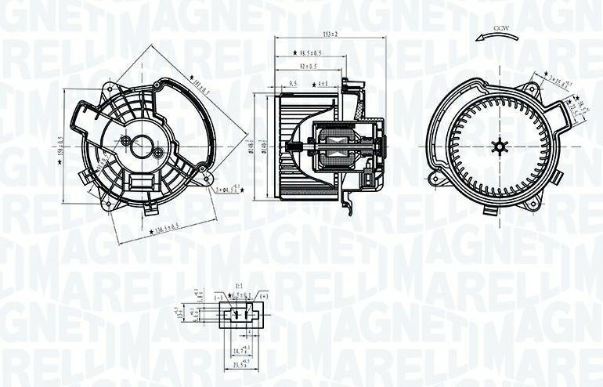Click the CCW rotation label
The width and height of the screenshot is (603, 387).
pyautogui.click(x=500, y=28)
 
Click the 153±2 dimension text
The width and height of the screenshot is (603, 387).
pyautogui.click(x=329, y=34)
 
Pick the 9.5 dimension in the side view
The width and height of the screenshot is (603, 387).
pyautogui.click(x=293, y=83)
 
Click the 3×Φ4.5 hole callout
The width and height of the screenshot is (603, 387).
pyautogui.click(x=224, y=188)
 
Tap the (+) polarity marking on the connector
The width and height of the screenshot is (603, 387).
pyautogui.click(x=263, y=296)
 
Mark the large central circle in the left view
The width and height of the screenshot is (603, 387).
pyautogui.click(x=142, y=146)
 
